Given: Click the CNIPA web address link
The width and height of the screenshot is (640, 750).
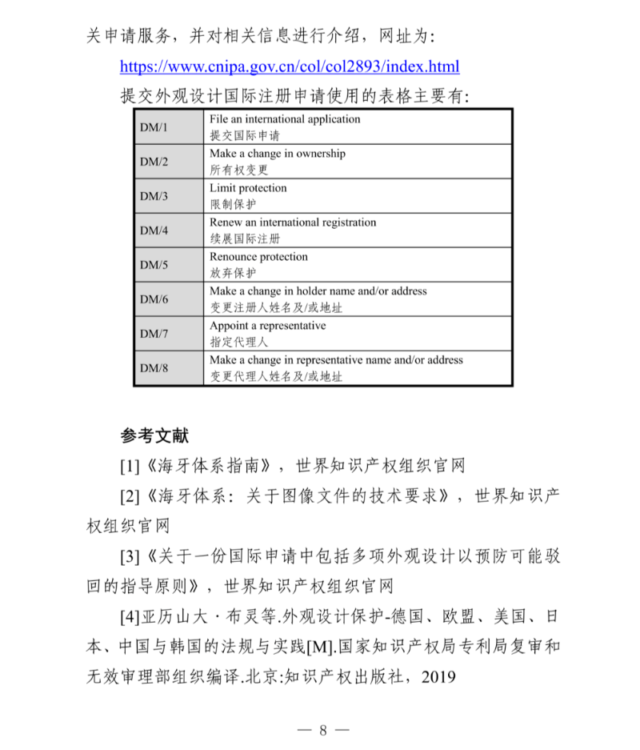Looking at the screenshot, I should click(290, 66).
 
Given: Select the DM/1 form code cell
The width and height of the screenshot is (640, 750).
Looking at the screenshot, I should click(154, 127).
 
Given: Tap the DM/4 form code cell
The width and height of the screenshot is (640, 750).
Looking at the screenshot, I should click(154, 231).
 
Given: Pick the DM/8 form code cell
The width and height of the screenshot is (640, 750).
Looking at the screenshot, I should click(154, 368).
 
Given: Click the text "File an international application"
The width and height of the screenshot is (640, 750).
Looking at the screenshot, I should click(285, 119).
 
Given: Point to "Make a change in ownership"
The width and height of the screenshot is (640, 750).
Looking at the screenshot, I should click(277, 154).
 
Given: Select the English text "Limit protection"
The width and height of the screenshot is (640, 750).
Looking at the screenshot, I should click(248, 188).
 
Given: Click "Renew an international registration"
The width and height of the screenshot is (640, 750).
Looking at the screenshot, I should click(293, 223).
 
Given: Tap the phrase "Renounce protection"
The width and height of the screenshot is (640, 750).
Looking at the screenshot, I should click(258, 257).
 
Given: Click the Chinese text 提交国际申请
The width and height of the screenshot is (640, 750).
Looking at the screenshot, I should click(245, 135).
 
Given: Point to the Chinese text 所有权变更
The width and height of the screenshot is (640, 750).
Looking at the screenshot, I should click(239, 170).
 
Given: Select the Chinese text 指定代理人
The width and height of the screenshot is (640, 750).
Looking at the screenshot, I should click(239, 342).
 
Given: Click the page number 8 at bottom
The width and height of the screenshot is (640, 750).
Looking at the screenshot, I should click(323, 729).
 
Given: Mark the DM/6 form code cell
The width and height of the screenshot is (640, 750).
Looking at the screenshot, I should click(154, 299).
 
